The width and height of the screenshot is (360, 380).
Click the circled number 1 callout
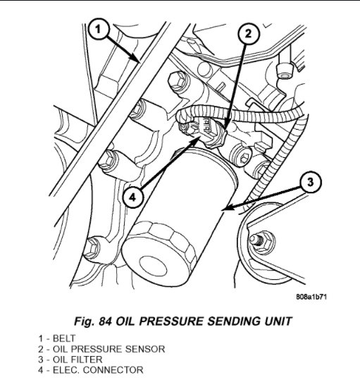(x=99, y=30)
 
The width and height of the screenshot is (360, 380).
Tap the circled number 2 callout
(x=249, y=34)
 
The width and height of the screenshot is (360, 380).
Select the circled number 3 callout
(x=311, y=182)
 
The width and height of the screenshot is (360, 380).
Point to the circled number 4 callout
(x=133, y=197)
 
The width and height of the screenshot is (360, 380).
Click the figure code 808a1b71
(x=311, y=297)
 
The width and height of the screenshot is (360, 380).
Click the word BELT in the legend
(x=64, y=338)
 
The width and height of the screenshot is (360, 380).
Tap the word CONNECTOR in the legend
(x=113, y=370)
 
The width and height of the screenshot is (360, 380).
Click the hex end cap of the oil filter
(x=159, y=253)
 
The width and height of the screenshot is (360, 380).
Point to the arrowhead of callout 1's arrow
(x=137, y=59)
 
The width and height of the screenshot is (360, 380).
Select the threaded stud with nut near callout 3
(x=261, y=242)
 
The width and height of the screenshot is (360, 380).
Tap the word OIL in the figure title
(x=126, y=321)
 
